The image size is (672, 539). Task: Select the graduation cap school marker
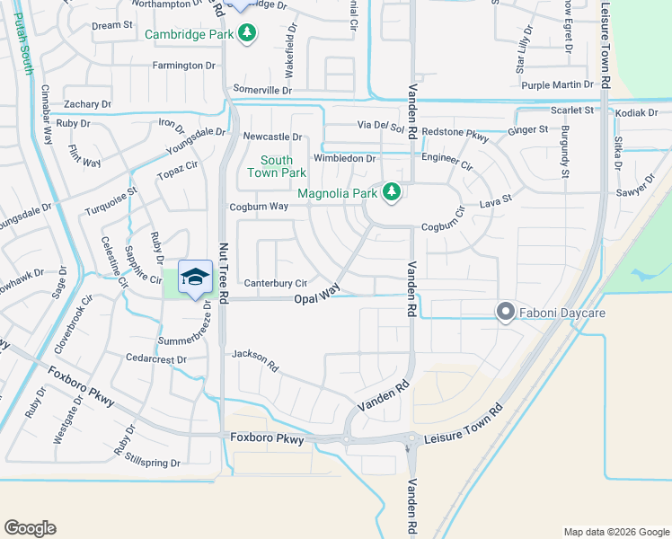click(x=195, y=278)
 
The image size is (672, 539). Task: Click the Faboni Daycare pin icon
click(x=505, y=313)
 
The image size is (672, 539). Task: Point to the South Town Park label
click(x=270, y=167)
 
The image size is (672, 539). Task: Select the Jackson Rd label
click(x=256, y=359)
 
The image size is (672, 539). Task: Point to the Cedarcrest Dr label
click(x=156, y=359)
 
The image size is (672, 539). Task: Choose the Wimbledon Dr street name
click(x=344, y=159)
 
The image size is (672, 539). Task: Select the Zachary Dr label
click(x=87, y=105)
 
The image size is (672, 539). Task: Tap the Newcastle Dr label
click(x=272, y=137)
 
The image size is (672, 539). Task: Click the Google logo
click(x=30, y=528)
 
